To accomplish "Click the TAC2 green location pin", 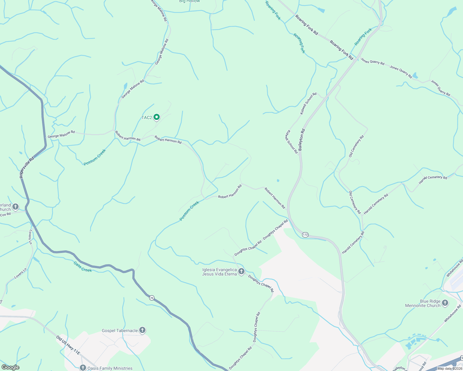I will (157, 117).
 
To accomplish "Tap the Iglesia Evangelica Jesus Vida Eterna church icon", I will (241, 271).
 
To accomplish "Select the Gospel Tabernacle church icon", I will (142, 330).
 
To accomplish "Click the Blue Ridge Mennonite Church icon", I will (445, 303).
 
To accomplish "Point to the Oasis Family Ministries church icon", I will (83, 368).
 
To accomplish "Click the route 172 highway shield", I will (305, 235).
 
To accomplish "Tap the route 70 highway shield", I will (151, 298).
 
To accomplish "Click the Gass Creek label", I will (83, 267).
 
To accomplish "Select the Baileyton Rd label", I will (302, 140).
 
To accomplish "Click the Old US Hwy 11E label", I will (68, 346).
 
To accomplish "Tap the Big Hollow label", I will (189, 1).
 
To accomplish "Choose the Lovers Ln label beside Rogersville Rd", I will (30, 237).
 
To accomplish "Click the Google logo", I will (10, 367).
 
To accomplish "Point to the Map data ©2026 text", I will (449, 369).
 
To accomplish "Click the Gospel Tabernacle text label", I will (120, 330).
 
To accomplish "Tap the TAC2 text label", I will (147, 117).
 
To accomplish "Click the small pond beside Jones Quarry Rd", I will (415, 75).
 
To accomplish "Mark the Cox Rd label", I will (5, 214).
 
